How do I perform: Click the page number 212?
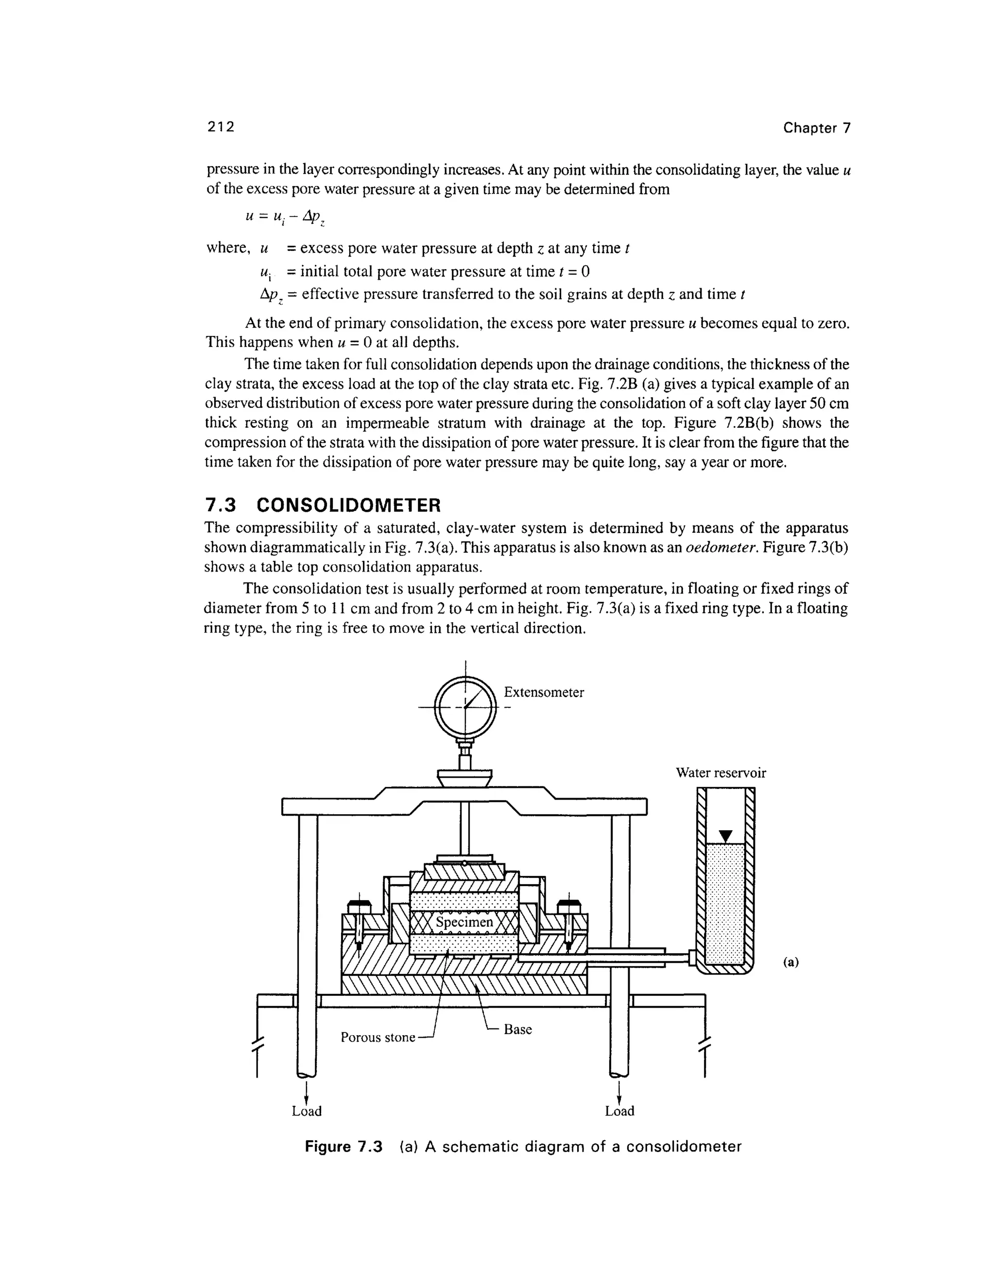point(221,127)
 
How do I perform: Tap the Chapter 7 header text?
point(816,128)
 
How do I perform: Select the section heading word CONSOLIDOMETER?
point(349,505)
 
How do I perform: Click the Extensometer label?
point(544,692)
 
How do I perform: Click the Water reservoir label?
point(721,773)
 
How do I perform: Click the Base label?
point(517,1029)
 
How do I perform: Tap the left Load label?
point(307,1111)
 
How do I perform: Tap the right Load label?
point(619,1111)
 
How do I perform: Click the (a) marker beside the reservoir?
point(790,962)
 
